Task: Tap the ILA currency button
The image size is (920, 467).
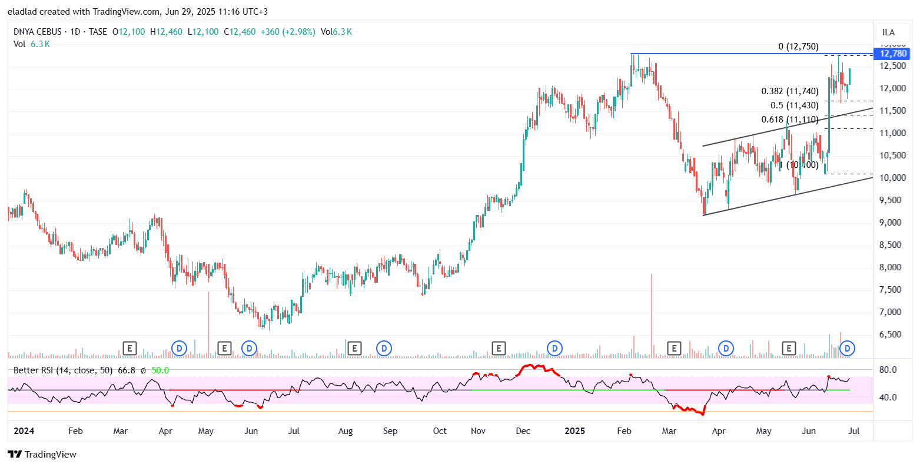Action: pos(889,32)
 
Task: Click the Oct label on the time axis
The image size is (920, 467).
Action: pos(440,431)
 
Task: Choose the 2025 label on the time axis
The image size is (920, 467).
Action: pos(574,431)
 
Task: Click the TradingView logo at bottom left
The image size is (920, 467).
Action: pos(42,454)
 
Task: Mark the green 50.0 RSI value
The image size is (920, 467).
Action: pos(160,370)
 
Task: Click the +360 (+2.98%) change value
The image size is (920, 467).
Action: pos(288,32)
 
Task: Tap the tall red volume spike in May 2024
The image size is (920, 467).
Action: pos(208,324)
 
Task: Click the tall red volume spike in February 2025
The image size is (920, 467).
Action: pos(652,315)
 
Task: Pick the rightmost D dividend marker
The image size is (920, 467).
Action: pos(848,349)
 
